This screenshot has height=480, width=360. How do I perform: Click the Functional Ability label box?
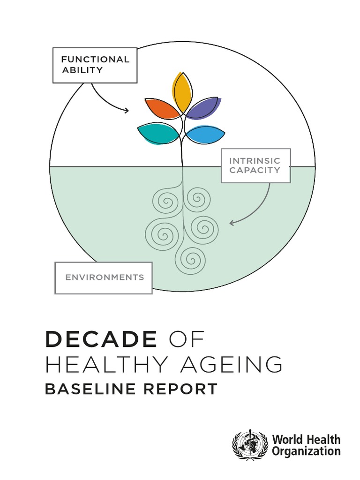[95, 65]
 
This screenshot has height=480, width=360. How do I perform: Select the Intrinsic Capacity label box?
[255, 165]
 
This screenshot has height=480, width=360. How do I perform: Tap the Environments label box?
[104, 278]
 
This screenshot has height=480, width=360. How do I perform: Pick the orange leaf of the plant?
[162, 108]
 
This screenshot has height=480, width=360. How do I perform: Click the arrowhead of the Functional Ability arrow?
[127, 110]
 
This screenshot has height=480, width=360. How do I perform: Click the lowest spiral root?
[190, 260]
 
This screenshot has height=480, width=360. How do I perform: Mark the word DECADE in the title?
[101, 339]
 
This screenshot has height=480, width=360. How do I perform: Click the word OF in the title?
[187, 339]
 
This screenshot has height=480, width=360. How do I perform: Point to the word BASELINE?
[90, 389]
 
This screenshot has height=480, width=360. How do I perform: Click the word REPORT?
[180, 389]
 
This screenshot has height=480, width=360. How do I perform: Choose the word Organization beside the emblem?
[306, 451]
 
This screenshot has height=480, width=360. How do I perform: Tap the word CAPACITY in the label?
[255, 170]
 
